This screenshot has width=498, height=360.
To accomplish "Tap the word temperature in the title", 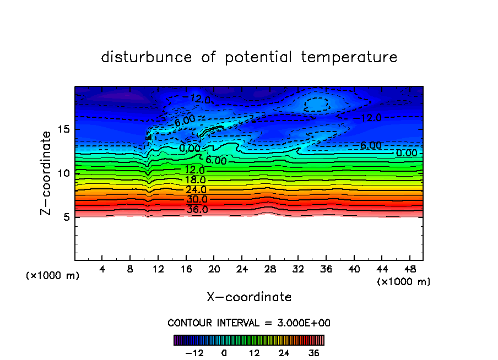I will pos(349,57).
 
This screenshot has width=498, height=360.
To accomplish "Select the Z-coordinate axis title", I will pos(47,173).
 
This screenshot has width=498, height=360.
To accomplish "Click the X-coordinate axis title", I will pos(249,297).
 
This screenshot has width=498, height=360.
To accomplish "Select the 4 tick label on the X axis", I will pos(102,269).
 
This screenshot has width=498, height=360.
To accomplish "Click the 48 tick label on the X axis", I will pos(409,269).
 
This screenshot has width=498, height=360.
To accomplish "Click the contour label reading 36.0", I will pos(197,210).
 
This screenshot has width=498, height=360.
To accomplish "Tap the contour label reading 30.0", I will pos(197,199).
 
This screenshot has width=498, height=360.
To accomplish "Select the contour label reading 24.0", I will pos(196,190).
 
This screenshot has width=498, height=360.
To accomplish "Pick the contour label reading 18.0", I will pos(195,180).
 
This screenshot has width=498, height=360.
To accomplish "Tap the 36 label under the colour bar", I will pos(314,353).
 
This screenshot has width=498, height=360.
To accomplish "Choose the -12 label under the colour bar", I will pos(195,353).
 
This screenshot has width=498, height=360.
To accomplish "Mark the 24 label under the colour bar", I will pos(284,353).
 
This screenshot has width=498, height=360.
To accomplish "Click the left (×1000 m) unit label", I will pos(53,276).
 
